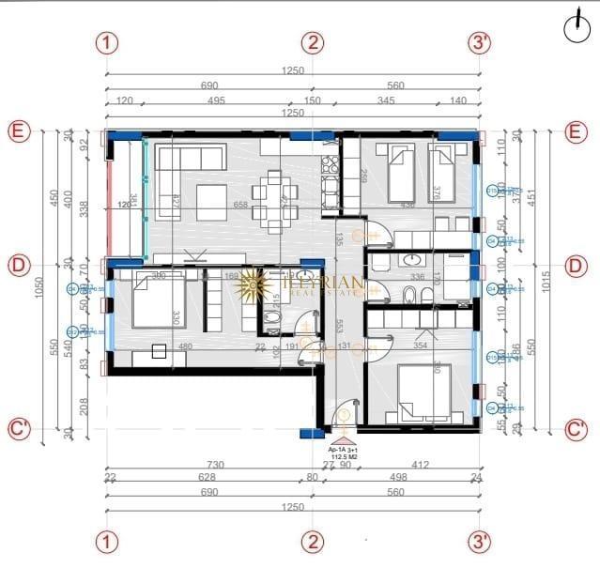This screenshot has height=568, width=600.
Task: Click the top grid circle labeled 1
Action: tap(110, 42)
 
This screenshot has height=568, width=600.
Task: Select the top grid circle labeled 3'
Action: tap(481, 42)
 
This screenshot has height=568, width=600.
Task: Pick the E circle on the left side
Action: tap(18, 131)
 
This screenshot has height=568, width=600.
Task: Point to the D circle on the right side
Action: tap(576, 266)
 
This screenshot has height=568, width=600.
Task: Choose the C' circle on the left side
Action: tap(19, 430)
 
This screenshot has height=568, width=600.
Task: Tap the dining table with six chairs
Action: tap(273, 199)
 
